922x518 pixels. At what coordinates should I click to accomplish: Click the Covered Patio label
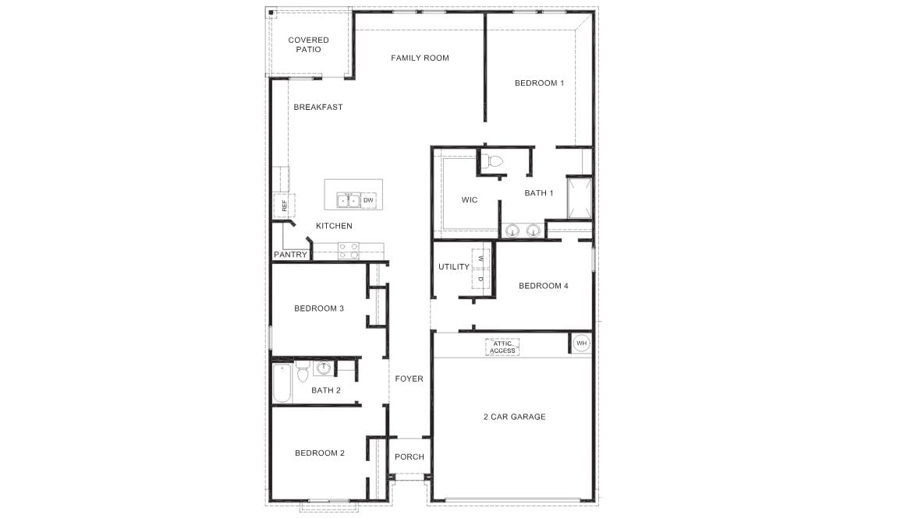308,44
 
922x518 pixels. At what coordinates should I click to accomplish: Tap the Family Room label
420,58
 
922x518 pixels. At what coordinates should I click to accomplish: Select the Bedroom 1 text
539,83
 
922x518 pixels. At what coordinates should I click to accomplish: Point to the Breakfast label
318,107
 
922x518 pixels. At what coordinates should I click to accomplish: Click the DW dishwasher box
368,200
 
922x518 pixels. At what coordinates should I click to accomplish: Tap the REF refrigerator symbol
284,206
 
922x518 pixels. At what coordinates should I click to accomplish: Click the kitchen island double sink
348,200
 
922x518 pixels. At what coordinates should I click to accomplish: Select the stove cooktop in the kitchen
349,251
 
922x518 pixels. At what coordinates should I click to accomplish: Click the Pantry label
290,254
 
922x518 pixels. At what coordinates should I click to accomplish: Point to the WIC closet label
470,199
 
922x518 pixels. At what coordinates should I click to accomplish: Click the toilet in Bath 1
495,161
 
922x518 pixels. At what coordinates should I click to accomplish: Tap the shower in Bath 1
580,197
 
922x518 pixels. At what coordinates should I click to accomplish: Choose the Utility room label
454,266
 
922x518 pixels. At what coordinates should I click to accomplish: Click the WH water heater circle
582,343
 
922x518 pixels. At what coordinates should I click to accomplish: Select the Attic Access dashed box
503,347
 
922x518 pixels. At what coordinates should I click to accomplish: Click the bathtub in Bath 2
282,383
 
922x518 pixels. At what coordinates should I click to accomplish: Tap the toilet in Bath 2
303,372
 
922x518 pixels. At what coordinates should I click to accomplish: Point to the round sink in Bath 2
324,368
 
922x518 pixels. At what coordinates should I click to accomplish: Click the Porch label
410,457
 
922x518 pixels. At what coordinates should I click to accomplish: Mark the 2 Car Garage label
515,417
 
